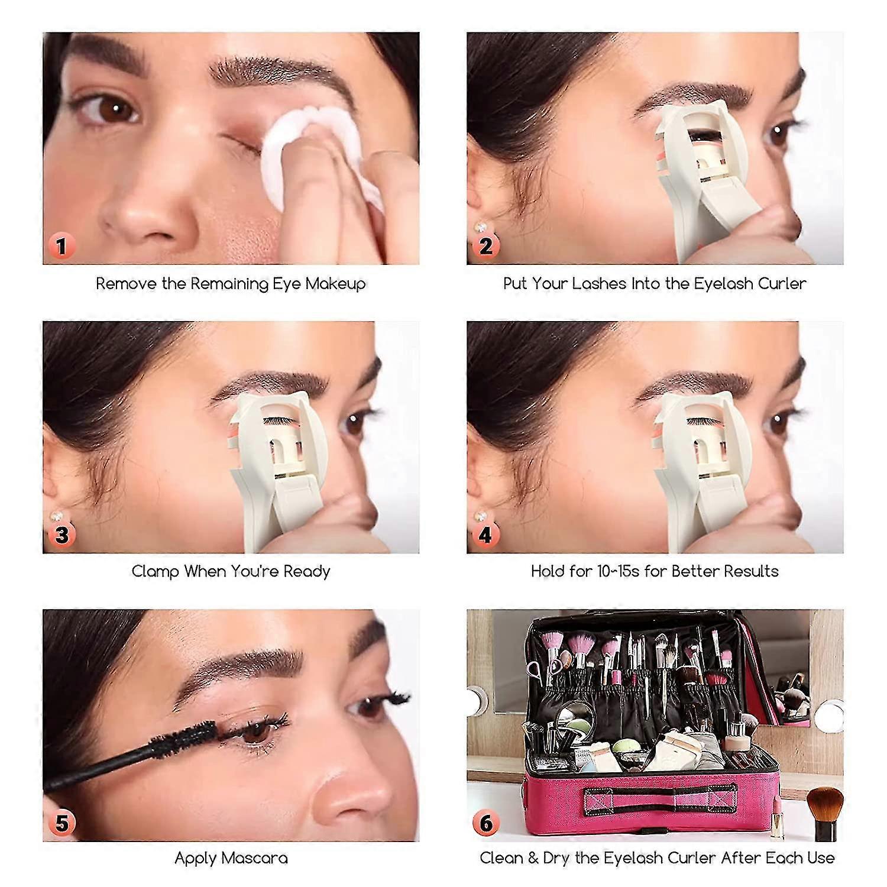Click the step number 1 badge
click(61, 245)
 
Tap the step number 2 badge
click(485, 245)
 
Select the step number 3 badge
click(61, 535)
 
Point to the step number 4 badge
click(485, 535)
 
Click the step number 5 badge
click(61, 823)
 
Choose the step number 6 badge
click(485, 823)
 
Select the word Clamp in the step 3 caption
click(155, 572)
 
